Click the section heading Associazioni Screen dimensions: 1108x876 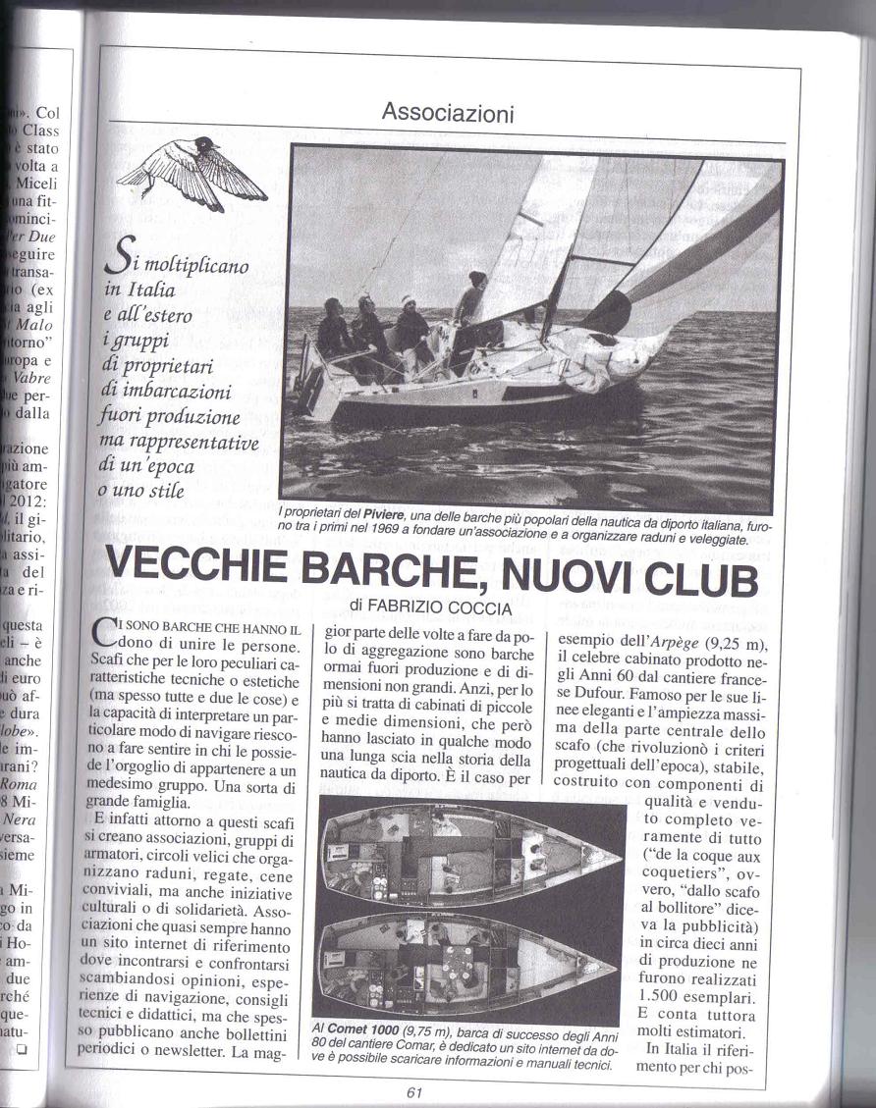click(447, 113)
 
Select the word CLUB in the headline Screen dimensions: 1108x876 click(700, 579)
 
